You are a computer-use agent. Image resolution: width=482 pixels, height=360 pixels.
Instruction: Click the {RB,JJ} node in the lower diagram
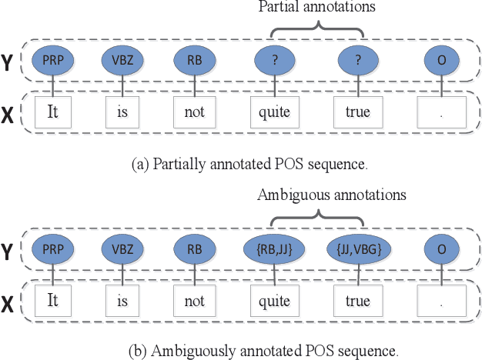(276, 249)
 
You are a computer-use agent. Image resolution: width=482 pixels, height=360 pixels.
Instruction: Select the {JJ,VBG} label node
(359, 249)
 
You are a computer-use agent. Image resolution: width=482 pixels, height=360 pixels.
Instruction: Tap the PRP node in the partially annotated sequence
(53, 60)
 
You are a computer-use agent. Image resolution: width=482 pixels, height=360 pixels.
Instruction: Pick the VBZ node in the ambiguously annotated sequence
(123, 249)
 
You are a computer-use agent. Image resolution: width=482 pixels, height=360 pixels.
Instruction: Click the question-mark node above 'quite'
(275, 60)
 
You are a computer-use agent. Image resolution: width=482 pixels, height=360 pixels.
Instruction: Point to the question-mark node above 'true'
(359, 60)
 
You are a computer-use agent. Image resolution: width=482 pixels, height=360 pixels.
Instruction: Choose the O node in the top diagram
(440, 60)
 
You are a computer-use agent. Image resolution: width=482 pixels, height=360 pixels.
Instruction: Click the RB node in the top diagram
(195, 60)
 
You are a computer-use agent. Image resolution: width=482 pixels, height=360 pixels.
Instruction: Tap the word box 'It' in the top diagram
(53, 112)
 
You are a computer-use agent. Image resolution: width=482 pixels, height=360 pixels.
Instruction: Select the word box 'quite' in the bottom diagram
(275, 301)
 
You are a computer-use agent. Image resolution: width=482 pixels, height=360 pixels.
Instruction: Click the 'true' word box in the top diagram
(358, 112)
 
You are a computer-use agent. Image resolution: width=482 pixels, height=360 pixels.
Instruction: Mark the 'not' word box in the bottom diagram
(195, 301)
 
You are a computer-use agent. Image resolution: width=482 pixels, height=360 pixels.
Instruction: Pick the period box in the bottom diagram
(440, 301)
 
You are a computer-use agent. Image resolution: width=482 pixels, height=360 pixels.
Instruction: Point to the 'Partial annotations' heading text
(316, 7)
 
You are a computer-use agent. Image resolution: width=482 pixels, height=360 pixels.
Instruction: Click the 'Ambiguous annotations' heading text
(332, 195)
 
